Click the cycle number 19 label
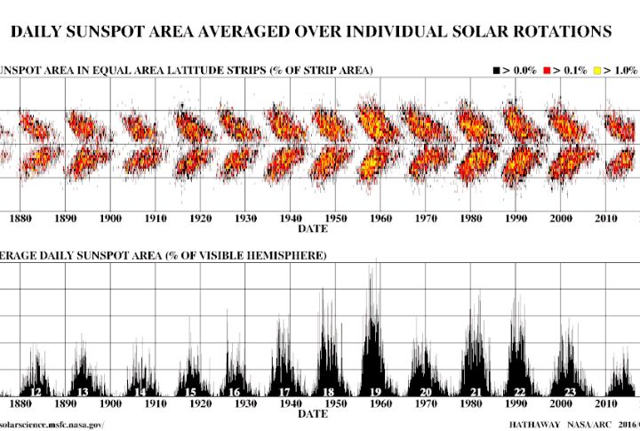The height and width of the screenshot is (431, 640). click(376, 392)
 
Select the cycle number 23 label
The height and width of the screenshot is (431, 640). click(570, 392)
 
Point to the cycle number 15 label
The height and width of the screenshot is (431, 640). click(190, 392)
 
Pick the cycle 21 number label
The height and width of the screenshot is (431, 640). click(476, 392)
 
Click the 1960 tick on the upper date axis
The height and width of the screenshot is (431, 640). click(380, 218)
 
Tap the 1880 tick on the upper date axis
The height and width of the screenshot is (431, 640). click(20, 218)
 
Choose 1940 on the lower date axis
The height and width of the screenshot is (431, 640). click(291, 403)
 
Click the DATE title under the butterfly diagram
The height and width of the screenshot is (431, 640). click(312, 228)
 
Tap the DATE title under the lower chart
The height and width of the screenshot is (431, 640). click(312, 414)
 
